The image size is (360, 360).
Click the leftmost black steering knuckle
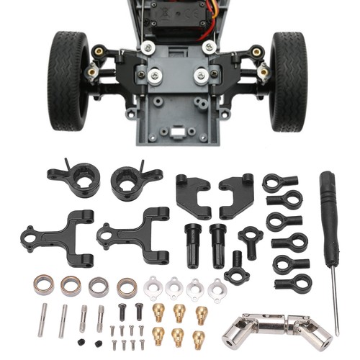[75, 180]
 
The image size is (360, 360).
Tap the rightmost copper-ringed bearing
[127, 286]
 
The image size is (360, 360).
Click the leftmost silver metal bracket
[153, 287]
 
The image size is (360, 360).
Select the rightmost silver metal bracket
[216, 289]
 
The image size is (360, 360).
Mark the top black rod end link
[276, 183]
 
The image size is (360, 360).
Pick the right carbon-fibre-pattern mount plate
[237, 194]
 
